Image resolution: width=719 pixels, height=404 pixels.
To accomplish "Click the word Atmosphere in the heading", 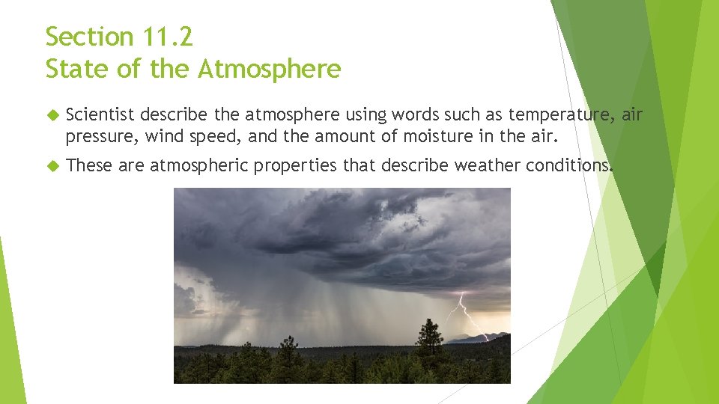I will pyautogui.click(x=270, y=69).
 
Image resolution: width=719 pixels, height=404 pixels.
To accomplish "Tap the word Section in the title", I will pyautogui.click(x=88, y=36).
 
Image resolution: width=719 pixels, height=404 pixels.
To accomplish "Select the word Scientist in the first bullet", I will pyautogui.click(x=100, y=115).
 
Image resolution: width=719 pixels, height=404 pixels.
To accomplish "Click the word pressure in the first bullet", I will pyautogui.click(x=101, y=136).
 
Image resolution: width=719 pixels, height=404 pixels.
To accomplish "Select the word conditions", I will pyautogui.click(x=568, y=165).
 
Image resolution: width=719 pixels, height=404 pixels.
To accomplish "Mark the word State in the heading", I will pyautogui.click(x=76, y=69).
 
